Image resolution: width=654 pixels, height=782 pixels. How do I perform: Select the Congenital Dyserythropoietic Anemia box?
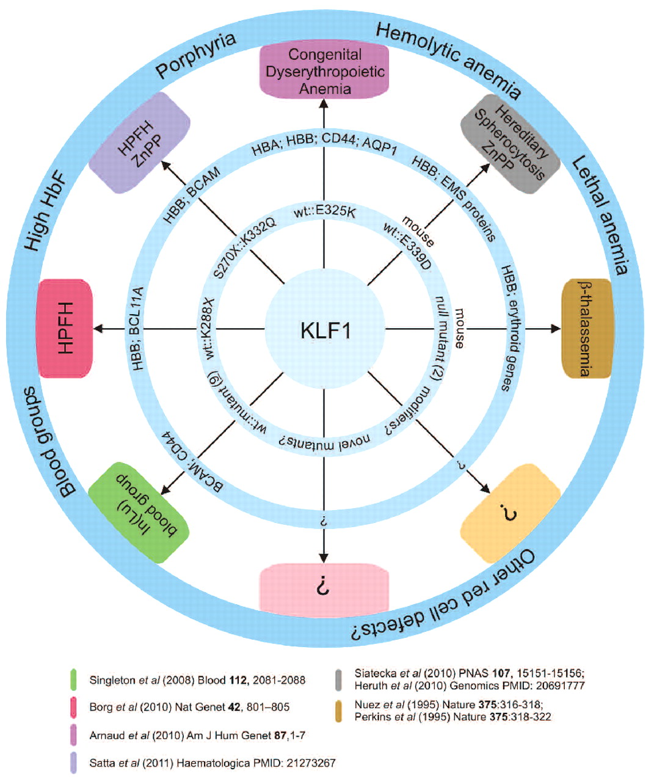324,71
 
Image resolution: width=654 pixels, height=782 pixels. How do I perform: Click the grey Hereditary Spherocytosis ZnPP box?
510,144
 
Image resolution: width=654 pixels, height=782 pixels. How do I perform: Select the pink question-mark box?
324,589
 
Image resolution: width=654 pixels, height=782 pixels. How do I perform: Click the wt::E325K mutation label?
324,212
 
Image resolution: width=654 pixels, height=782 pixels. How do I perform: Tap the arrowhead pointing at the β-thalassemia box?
556,329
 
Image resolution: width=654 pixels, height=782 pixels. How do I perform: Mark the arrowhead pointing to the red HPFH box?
98,329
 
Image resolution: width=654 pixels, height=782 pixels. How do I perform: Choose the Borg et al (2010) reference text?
189,707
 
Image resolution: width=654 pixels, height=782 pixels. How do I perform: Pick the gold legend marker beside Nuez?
338,711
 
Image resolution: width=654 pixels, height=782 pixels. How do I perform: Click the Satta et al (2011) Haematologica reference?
213,762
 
